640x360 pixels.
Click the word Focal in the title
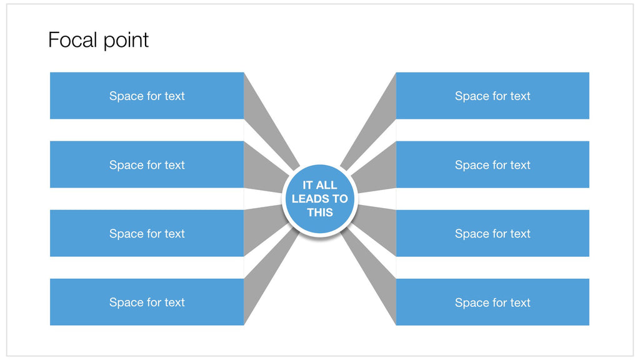coord(72,39)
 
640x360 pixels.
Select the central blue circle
coord(320,199)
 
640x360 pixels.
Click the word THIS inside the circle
coord(320,212)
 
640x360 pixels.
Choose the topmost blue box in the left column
coord(147,96)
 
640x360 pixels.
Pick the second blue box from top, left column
coord(147,164)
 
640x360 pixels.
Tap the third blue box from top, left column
coord(147,233)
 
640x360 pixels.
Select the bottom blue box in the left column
coord(147,302)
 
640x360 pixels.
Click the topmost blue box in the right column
coord(492,96)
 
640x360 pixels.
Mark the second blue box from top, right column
coord(492,164)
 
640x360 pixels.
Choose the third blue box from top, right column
coord(492,233)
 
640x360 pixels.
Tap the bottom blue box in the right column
coord(492,302)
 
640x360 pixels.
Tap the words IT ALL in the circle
coord(320,185)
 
